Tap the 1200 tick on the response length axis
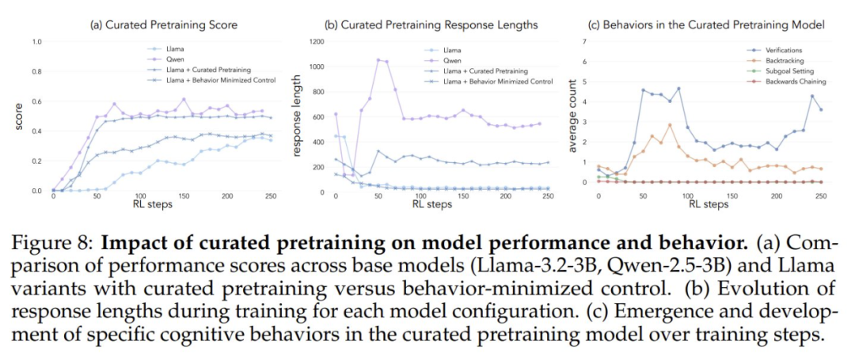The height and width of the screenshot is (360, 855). (316, 41)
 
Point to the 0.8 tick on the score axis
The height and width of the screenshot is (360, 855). (36, 71)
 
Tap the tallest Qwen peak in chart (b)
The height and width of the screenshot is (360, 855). (378, 59)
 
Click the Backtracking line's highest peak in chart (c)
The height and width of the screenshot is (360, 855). (670, 125)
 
